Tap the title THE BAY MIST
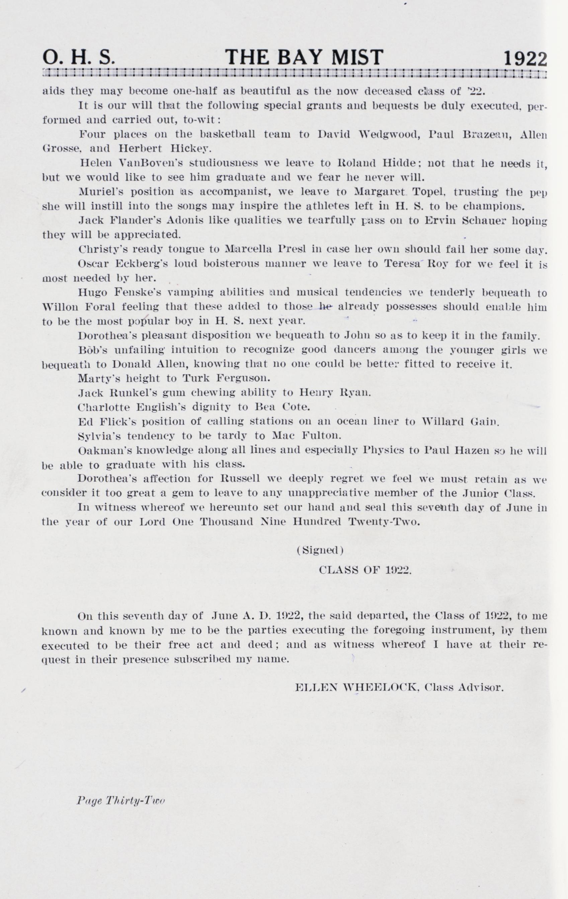pos(304,58)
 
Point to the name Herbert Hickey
pos(165,149)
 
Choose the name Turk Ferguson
pos(226,378)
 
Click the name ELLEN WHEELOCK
pos(357,688)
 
